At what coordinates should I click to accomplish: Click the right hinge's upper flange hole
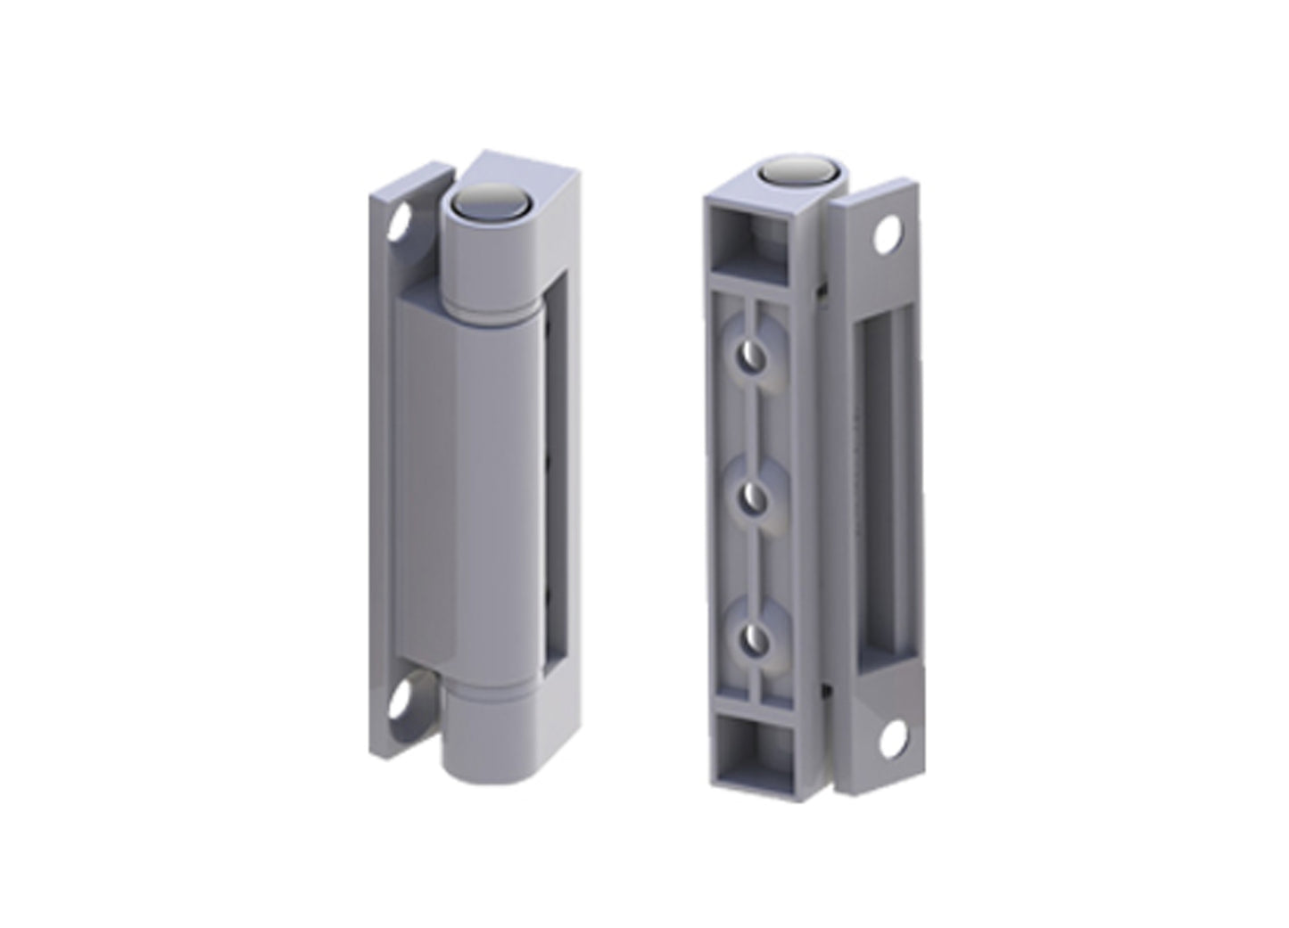click(889, 236)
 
